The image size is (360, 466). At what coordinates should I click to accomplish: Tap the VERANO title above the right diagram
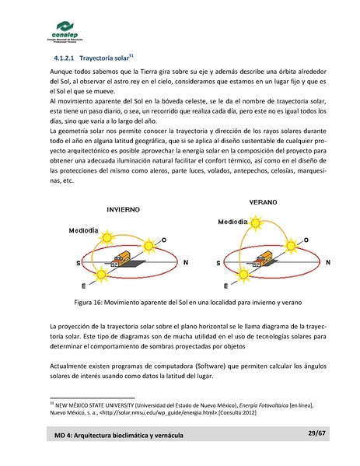(x=264, y=201)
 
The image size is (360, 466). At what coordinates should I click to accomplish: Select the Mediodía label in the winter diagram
(x=83, y=231)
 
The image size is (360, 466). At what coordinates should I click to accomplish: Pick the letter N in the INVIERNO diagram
(x=184, y=263)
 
